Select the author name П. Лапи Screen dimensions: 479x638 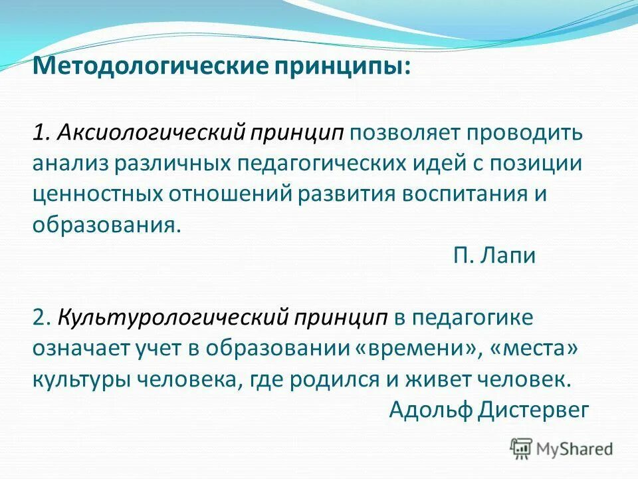pos(494,255)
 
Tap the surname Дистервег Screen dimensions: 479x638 pos(533,409)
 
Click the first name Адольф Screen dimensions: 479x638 pos(430,409)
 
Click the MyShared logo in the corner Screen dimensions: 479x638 pos(562,448)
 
